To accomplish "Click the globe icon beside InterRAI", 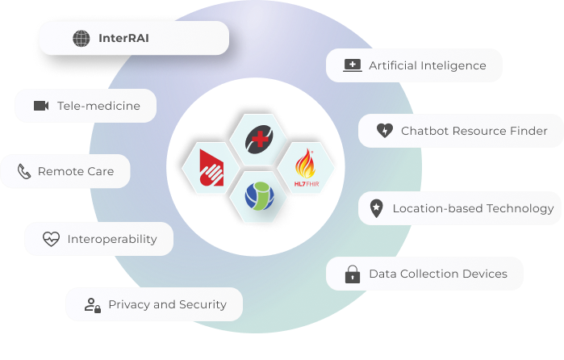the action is click(81, 38).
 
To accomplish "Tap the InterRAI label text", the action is click(123, 38).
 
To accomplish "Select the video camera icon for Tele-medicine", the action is click(41, 106).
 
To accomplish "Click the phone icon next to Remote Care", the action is click(24, 171).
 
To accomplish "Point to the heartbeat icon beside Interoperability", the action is click(51, 239).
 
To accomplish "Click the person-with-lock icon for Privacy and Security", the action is click(93, 305).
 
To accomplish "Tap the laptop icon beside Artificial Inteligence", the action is click(353, 65).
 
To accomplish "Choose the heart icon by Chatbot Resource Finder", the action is click(385, 130).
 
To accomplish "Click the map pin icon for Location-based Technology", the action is click(376, 208).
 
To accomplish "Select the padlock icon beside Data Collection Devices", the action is click(353, 274).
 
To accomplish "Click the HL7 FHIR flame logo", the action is click(306, 168).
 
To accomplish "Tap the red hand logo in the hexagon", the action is click(211, 168).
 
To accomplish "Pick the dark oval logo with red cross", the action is click(259, 140).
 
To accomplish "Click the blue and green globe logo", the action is click(259, 196).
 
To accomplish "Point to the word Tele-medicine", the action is click(99, 106).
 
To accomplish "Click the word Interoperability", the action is click(112, 240).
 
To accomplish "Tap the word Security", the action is click(203, 305).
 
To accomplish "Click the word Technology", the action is click(520, 209).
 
